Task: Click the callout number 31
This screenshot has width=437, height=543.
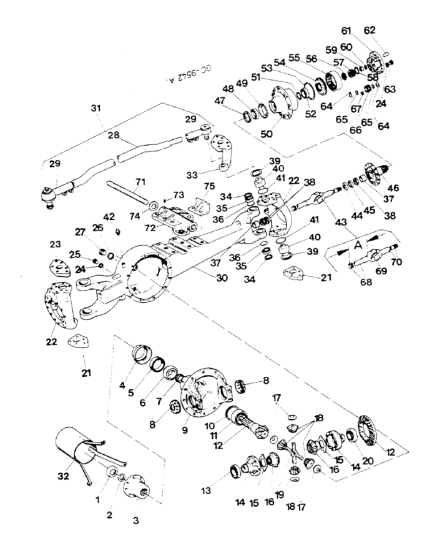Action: click(x=95, y=109)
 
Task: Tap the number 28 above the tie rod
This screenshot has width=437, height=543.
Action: click(x=112, y=135)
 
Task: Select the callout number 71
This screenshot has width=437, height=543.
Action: click(x=141, y=181)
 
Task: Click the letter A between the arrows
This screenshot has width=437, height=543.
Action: click(x=357, y=246)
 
